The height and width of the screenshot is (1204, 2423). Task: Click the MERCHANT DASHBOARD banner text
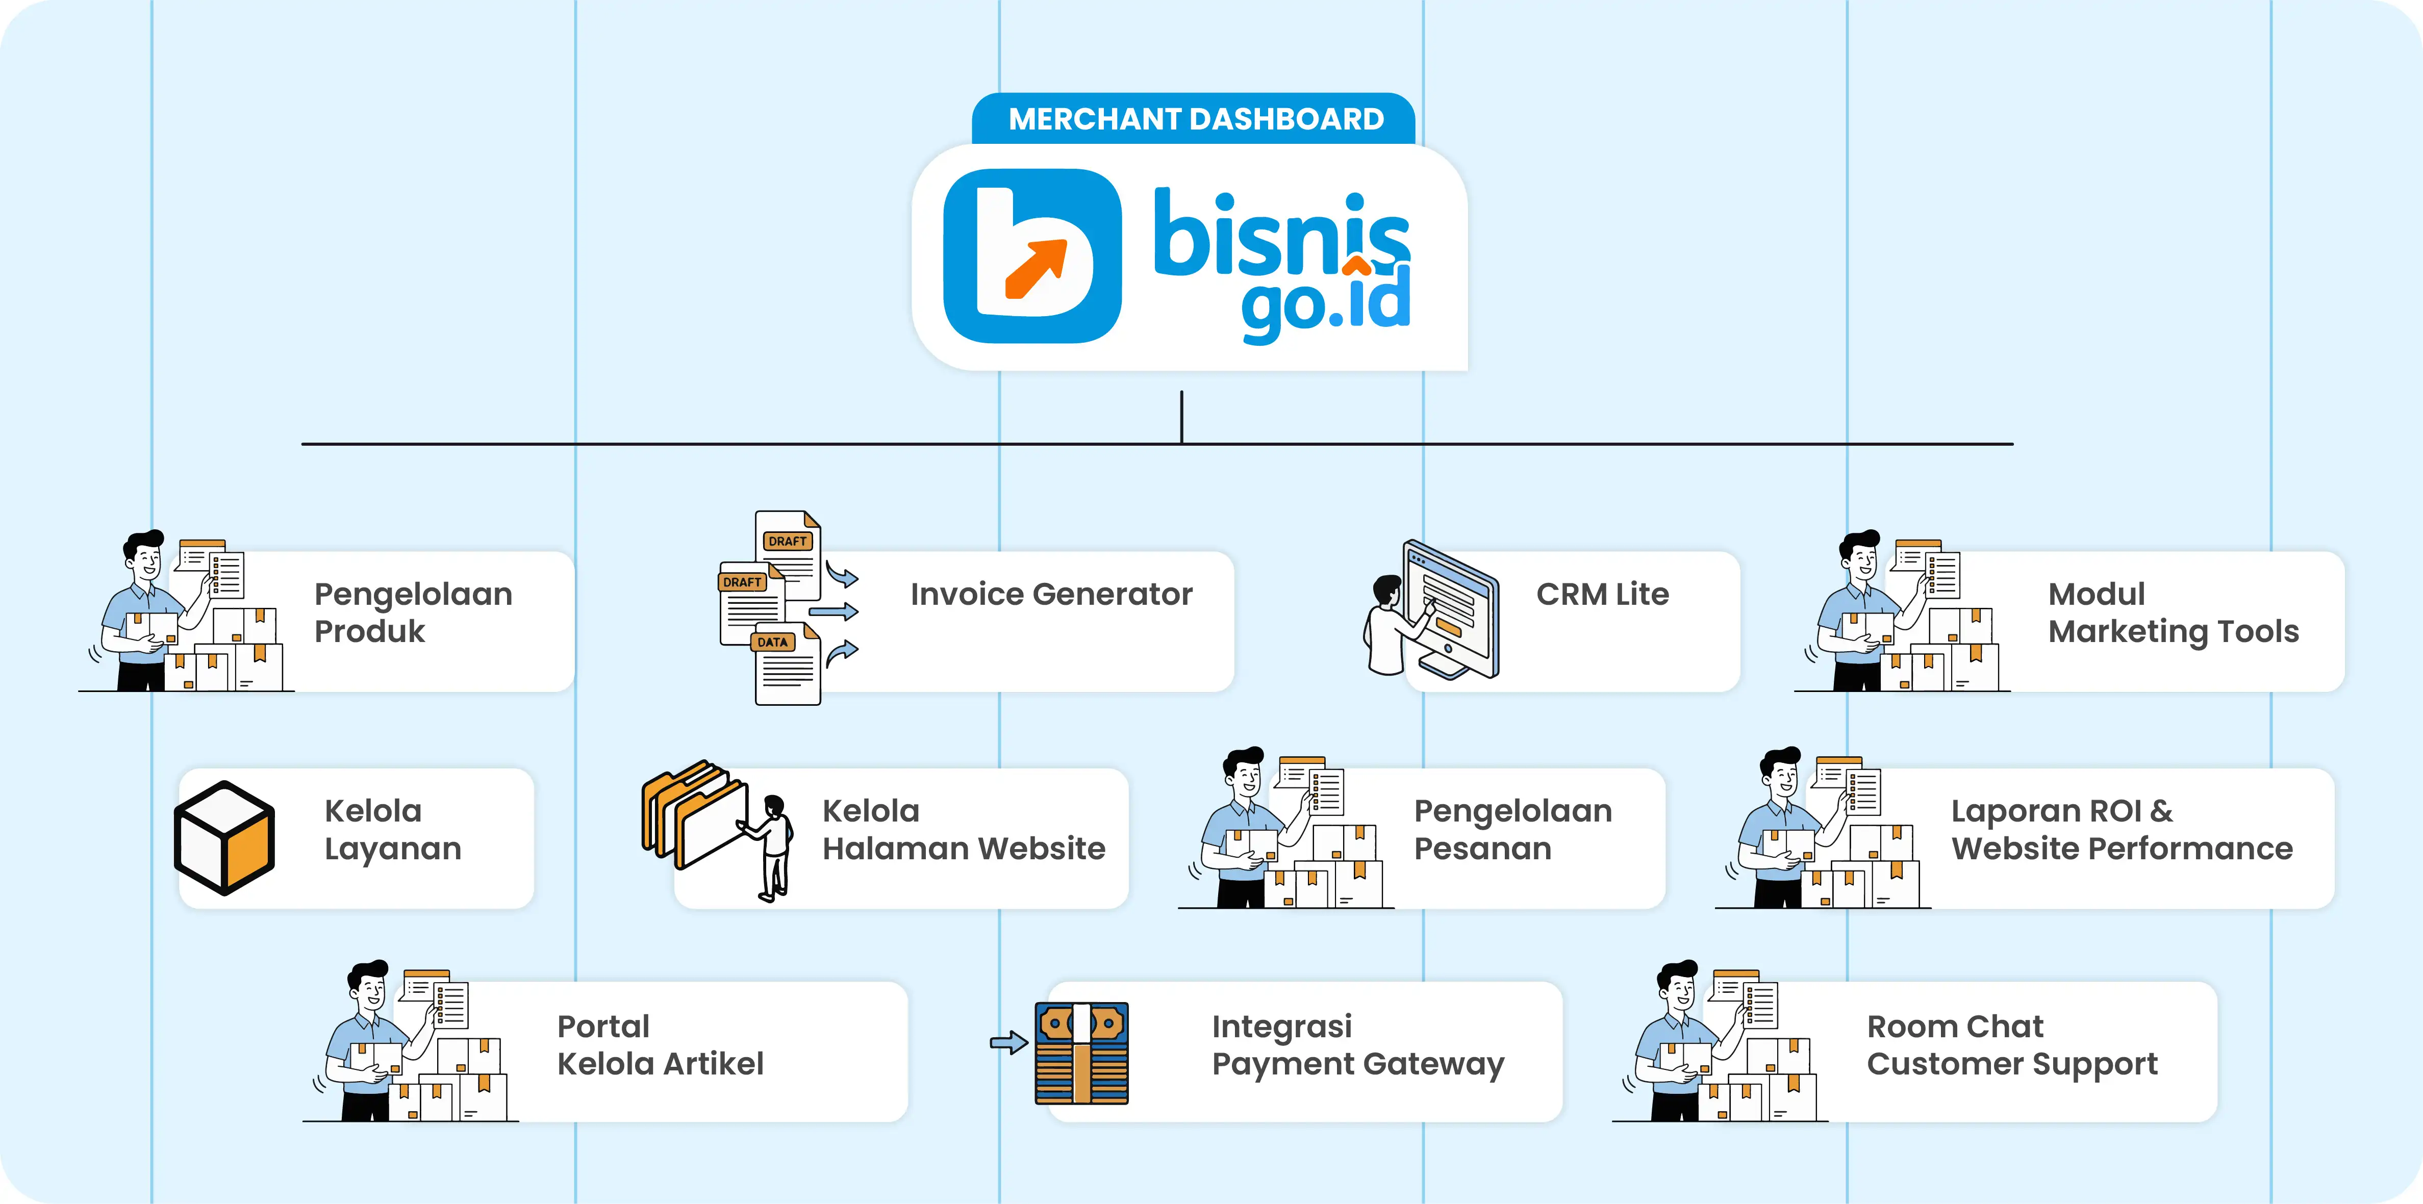(x=1196, y=119)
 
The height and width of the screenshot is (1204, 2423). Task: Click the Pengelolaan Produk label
(x=413, y=612)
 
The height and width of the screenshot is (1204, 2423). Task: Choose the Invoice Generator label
(x=1051, y=595)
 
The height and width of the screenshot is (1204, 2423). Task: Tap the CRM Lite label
(x=1602, y=595)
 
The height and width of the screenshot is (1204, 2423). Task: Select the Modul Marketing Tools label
(x=2173, y=612)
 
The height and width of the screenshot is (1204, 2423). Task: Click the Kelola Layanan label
(x=392, y=830)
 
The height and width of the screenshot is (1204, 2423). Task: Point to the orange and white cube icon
(x=225, y=837)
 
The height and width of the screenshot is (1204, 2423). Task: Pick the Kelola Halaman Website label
(x=963, y=830)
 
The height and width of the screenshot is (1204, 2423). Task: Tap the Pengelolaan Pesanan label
(x=1512, y=830)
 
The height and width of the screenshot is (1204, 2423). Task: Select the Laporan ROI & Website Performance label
(x=2121, y=830)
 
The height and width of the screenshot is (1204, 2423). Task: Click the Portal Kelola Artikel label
(x=660, y=1045)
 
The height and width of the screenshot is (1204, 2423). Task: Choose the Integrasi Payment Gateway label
(x=1357, y=1045)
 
